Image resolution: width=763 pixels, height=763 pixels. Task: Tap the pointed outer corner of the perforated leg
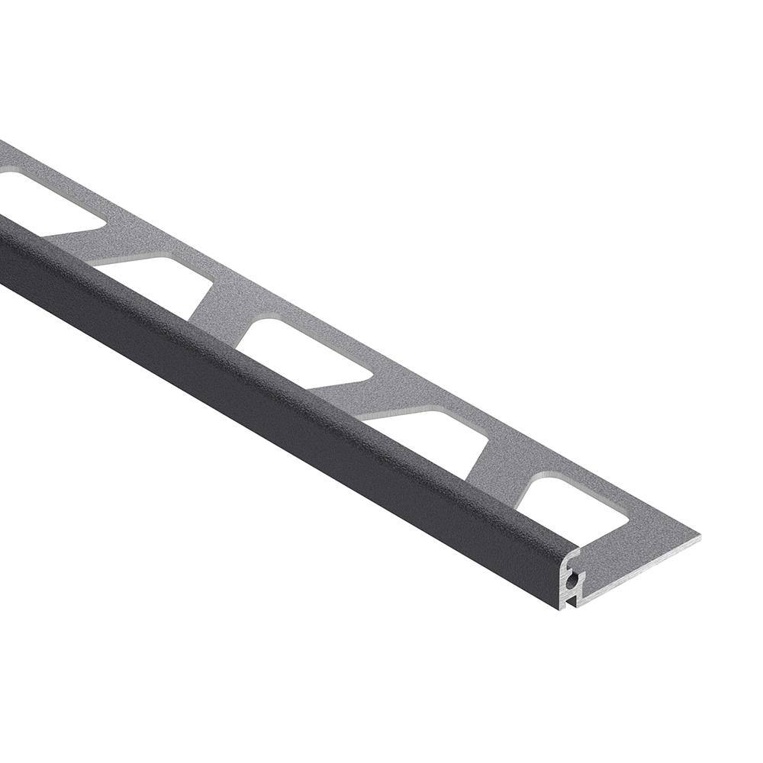[x=700, y=537]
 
